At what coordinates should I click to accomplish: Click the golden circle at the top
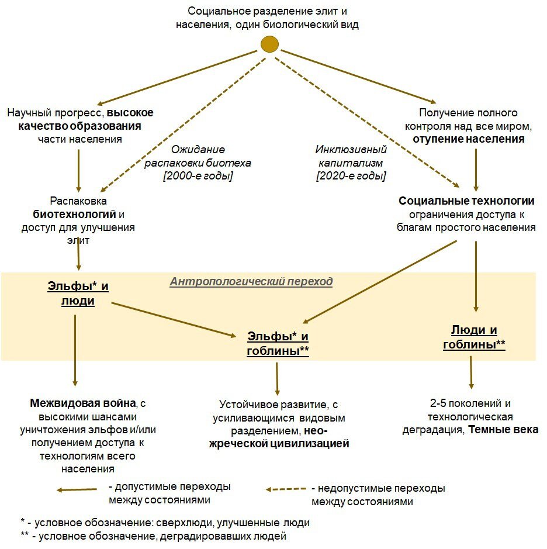(x=269, y=44)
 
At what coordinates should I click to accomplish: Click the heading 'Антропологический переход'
(x=251, y=282)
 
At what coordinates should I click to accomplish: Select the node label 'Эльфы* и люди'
(x=78, y=294)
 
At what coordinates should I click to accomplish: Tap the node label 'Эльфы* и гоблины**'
(x=278, y=344)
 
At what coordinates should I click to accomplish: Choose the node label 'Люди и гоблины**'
(x=474, y=337)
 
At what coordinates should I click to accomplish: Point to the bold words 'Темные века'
(x=504, y=430)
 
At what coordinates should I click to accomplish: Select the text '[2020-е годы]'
(x=351, y=175)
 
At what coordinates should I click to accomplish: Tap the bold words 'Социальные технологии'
(x=466, y=201)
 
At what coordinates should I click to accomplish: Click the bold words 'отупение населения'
(x=468, y=140)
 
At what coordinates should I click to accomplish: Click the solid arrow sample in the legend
(x=77, y=490)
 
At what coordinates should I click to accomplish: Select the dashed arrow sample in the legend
(x=286, y=489)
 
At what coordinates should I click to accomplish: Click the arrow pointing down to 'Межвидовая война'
(x=75, y=351)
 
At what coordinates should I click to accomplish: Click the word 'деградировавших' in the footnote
(x=209, y=536)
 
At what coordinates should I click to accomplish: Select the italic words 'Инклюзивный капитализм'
(x=351, y=156)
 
